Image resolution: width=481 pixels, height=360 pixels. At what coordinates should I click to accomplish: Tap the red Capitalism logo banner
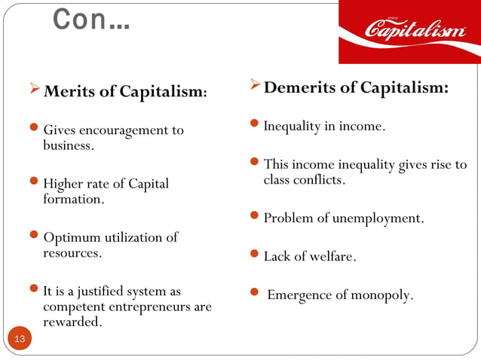point(409,32)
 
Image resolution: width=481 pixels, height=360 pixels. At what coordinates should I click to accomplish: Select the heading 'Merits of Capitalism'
point(125,93)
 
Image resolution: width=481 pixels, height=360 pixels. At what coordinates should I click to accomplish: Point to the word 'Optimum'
point(72,238)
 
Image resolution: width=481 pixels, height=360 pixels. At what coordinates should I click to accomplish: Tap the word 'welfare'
point(331,257)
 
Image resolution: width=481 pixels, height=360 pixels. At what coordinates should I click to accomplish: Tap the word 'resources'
point(72,253)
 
